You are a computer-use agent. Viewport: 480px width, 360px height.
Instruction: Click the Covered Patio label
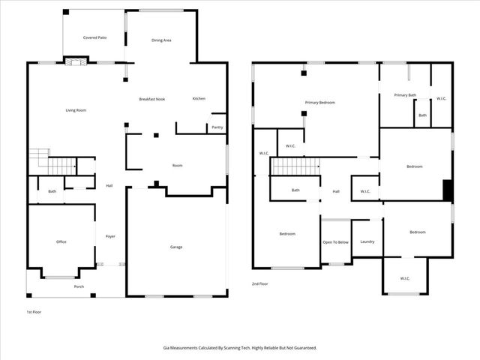[x=94, y=37]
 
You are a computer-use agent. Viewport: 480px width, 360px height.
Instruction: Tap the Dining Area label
[x=162, y=40]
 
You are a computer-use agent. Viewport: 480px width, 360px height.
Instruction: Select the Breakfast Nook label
[x=152, y=99]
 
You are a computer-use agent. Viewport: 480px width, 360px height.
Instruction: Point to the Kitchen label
[x=199, y=99]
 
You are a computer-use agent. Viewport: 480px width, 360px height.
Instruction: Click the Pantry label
[x=217, y=127]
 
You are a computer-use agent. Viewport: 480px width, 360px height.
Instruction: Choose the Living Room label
[x=76, y=110]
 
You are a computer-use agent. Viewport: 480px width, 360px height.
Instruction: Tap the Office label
[x=61, y=241]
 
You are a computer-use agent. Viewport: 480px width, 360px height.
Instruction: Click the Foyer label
[x=110, y=235]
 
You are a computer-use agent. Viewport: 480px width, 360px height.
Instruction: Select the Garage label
[x=176, y=247]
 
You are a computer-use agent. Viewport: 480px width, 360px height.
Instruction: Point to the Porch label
[x=79, y=286]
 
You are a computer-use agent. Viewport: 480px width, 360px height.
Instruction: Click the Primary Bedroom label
[x=319, y=102]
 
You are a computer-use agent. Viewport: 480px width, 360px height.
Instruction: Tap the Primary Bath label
[x=406, y=95]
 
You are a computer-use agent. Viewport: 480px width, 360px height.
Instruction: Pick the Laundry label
[x=367, y=241]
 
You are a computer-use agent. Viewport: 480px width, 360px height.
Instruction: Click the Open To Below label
[x=335, y=242]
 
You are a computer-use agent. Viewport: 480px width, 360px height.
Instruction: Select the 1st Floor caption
[x=34, y=310]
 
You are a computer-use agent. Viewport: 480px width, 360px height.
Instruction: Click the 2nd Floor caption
[x=259, y=283]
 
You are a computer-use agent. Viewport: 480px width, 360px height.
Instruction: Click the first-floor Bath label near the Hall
[x=52, y=191]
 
